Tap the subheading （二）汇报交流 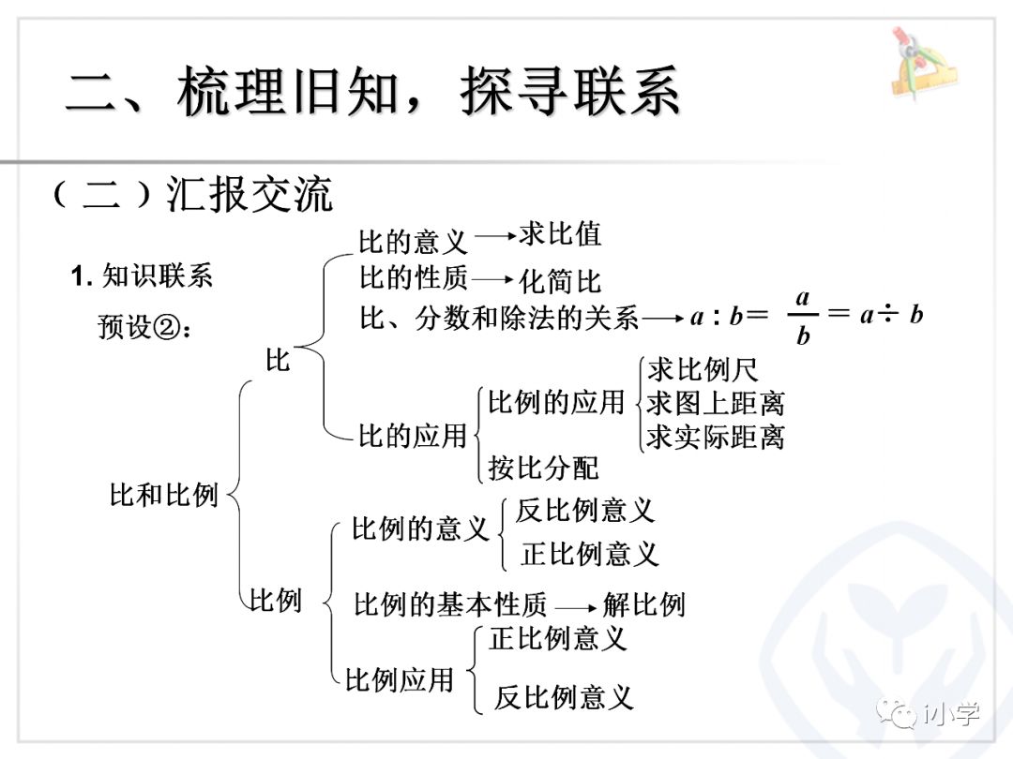192,195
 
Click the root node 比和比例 164,494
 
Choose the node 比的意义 413,242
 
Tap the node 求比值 560,234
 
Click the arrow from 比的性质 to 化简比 494,279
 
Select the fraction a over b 803,317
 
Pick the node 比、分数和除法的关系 499,319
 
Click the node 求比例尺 703,370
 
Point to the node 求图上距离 716,403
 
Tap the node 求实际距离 716,437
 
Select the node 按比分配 543,467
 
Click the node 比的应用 413,435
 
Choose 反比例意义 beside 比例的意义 584,510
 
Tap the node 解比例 644,604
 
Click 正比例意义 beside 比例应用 557,639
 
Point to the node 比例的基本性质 450,604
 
